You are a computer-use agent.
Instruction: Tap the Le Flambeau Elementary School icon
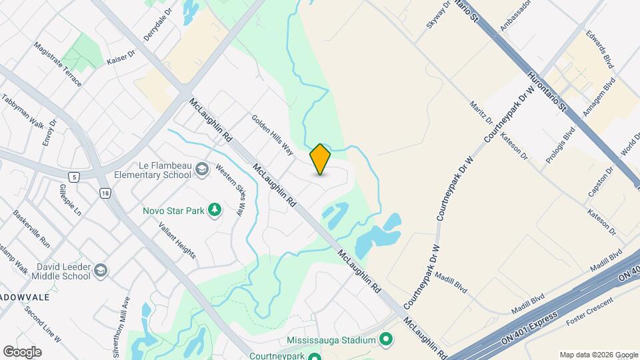click(201, 170)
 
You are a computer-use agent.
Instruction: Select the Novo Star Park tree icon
click(214, 211)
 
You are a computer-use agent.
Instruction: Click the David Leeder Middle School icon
click(100, 271)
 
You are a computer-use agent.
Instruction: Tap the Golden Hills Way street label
click(273, 135)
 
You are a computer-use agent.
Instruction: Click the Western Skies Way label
click(230, 190)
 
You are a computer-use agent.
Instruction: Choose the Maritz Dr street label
click(481, 113)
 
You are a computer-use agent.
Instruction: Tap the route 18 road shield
click(105, 193)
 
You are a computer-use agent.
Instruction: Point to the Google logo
click(22, 352)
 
